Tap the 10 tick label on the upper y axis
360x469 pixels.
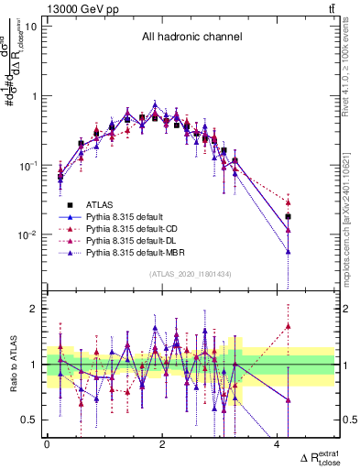pyautogui.click(x=30, y=26)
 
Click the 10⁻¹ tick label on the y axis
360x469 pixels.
pyautogui.click(x=27, y=165)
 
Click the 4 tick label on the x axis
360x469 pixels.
pyautogui.click(x=278, y=444)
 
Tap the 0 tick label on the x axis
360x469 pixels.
pyautogui.click(x=47, y=444)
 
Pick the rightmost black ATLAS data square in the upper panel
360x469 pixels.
pyautogui.click(x=288, y=217)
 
